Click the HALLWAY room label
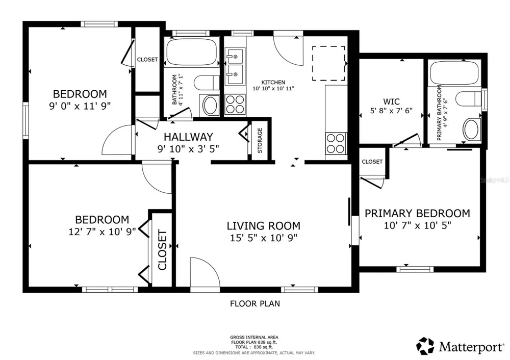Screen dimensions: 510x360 pos(188,137)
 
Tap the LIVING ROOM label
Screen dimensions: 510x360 pos(264,226)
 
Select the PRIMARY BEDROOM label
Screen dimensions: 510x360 pos(417,213)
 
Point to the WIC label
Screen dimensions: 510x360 pos(391,101)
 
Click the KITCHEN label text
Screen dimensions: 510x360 pos(273,82)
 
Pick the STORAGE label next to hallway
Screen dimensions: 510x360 pos(260,141)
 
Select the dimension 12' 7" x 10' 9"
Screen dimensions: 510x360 pos(102,232)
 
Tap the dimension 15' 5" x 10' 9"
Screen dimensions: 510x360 pos(264,238)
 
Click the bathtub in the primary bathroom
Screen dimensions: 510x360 pos(454,73)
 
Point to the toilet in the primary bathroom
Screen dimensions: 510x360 pos(468,98)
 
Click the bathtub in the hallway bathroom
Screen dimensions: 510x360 pos(191,53)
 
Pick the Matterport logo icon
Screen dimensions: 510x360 pos(425,346)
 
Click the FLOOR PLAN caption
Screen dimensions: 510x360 pos(255,304)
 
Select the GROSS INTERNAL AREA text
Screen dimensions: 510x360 pos(254,338)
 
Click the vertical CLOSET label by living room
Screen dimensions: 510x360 pos(162,250)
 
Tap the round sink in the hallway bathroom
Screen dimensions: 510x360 pos(211,105)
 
